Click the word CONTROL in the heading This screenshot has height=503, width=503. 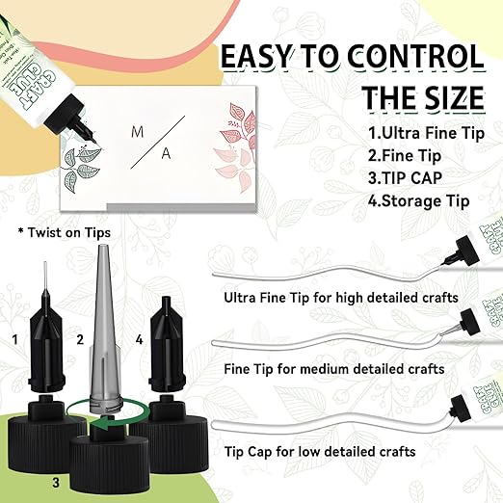(x=405, y=59)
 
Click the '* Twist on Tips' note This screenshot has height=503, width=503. (x=64, y=232)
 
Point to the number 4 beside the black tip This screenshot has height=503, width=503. (x=140, y=339)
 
